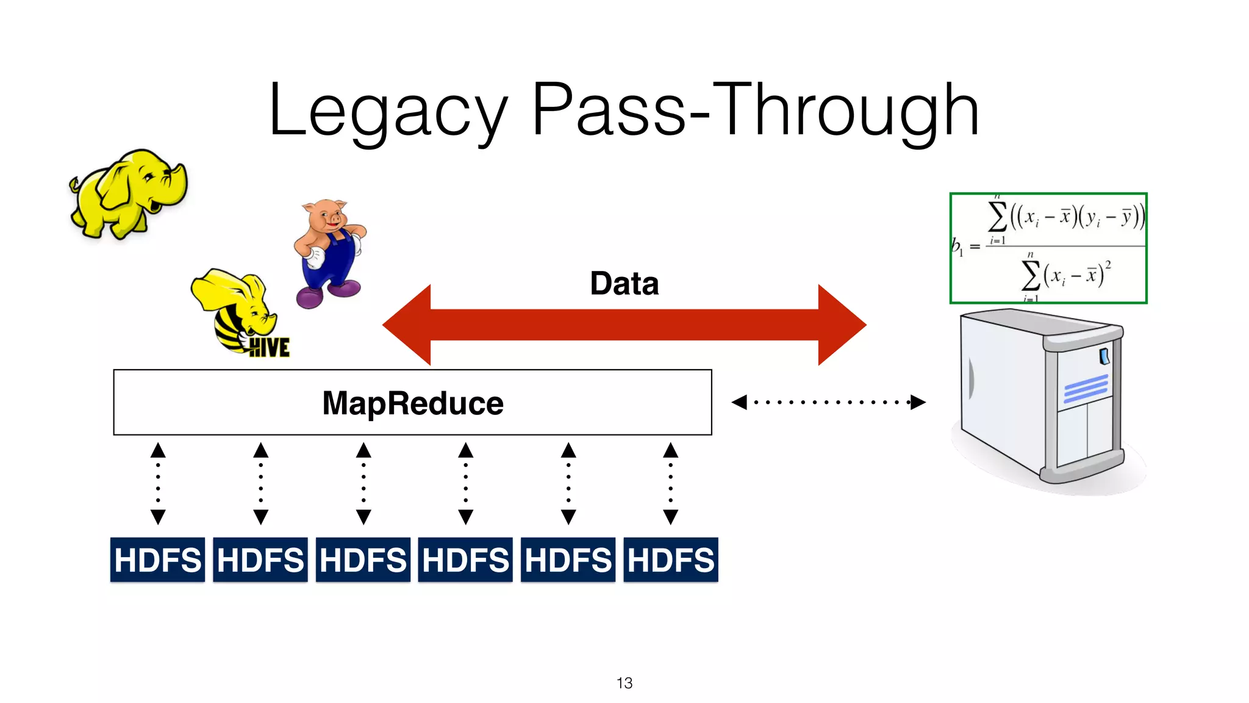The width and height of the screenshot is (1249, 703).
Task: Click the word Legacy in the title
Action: pyautogui.click(x=388, y=111)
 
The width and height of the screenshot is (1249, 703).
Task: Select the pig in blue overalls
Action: pyautogui.click(x=329, y=253)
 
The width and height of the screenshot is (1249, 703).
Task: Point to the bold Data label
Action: pyautogui.click(x=624, y=284)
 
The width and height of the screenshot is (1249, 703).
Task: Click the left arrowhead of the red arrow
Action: pyautogui.click(x=409, y=325)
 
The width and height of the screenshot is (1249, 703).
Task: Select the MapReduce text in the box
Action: pyautogui.click(x=412, y=403)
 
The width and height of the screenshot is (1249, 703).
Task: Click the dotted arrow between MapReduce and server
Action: pyautogui.click(x=828, y=402)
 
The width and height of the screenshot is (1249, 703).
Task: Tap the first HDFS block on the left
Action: pyautogui.click(x=157, y=560)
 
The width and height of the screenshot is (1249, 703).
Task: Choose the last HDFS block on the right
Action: pyautogui.click(x=670, y=560)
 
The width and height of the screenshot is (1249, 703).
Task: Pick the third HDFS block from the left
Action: pyautogui.click(x=363, y=560)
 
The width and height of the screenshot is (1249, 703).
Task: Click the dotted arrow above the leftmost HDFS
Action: pyautogui.click(x=158, y=483)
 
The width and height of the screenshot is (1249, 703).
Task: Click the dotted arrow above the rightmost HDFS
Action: pyautogui.click(x=670, y=483)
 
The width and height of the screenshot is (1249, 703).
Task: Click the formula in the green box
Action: pyautogui.click(x=1048, y=248)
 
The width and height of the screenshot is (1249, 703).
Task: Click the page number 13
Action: pyautogui.click(x=624, y=683)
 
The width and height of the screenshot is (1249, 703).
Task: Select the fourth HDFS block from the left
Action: pyautogui.click(x=465, y=560)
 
